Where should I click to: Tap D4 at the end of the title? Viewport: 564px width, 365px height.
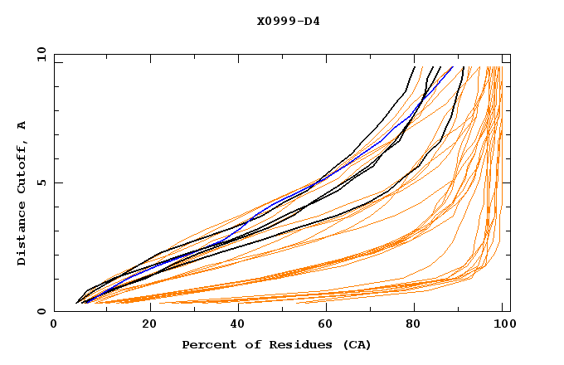pos(311,21)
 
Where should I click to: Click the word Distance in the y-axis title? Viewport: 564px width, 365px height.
pos(22,236)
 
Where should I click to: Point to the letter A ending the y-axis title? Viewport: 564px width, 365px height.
pos(22,124)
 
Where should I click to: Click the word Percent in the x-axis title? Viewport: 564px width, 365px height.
pos(207,344)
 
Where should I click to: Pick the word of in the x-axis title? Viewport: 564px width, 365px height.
pos(248,344)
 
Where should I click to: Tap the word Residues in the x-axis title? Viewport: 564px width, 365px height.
pos(294,344)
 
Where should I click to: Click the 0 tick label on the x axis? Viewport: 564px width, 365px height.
pos(55,326)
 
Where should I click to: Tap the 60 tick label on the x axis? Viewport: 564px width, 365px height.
pos(324,326)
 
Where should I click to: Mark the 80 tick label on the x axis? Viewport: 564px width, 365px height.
pos(414,326)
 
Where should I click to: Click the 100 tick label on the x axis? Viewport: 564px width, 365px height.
pos(503,326)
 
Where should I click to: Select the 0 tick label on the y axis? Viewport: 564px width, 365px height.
pos(41,312)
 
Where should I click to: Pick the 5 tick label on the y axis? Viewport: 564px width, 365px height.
pos(41,182)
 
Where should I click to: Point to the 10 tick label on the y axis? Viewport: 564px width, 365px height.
pos(38,54)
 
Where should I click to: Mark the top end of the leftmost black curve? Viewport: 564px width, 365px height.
pos(415,66)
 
